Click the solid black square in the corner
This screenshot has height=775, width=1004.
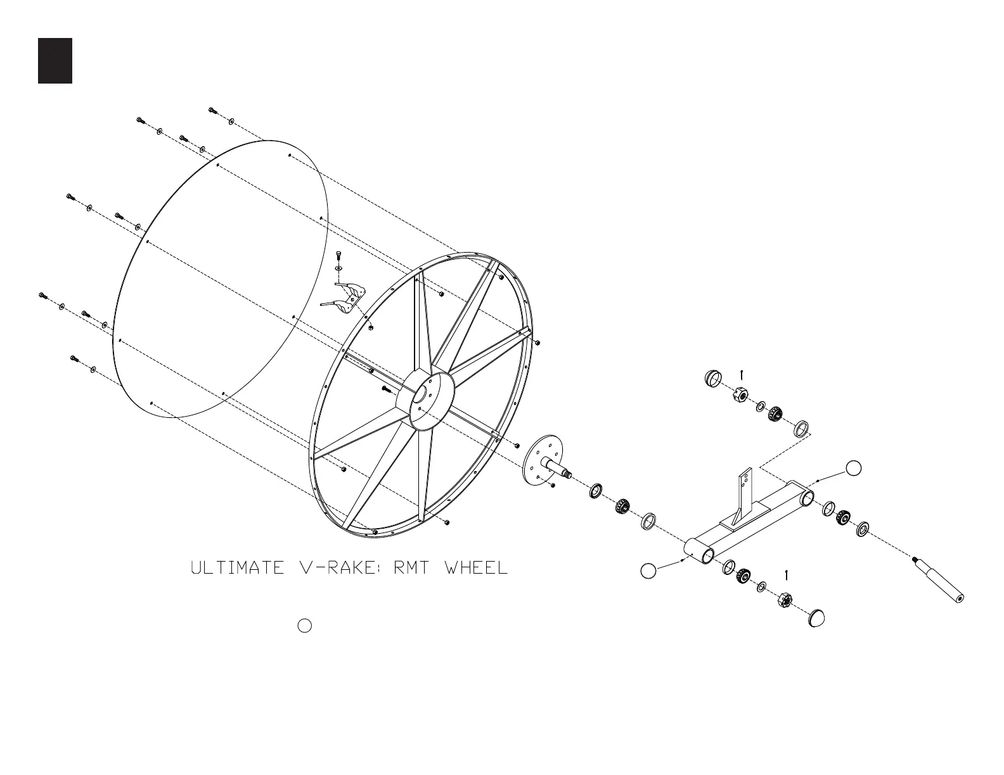tap(55, 61)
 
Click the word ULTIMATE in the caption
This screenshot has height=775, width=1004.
tap(238, 568)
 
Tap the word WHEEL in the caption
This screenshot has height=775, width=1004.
tap(477, 568)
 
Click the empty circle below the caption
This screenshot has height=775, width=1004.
tap(304, 626)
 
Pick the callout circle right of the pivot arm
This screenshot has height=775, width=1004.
tap(854, 468)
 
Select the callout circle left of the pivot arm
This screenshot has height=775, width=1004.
tap(648, 570)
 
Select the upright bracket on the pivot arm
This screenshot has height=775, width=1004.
tap(742, 495)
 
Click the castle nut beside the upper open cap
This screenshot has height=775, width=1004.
tap(739, 395)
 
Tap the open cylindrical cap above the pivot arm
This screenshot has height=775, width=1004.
tap(713, 379)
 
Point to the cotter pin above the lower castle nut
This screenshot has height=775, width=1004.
tap(787, 575)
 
